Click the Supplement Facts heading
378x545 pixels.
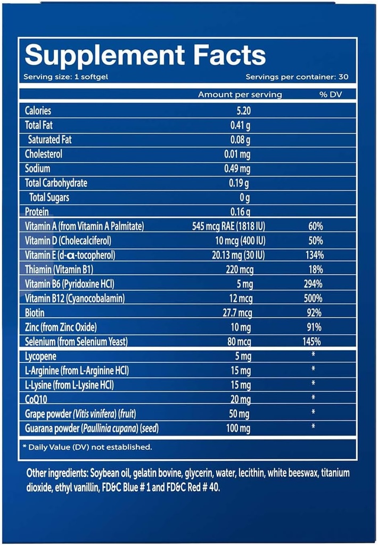(x=145, y=55)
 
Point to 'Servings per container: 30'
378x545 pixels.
(x=297, y=77)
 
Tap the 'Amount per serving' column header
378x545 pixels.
(x=240, y=95)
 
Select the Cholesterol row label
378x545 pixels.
(x=44, y=154)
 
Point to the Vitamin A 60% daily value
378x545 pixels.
(x=315, y=226)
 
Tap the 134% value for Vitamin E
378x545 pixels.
(x=315, y=255)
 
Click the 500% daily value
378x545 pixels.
(x=315, y=298)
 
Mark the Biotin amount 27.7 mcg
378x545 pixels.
(x=237, y=312)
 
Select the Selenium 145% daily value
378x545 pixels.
(x=315, y=341)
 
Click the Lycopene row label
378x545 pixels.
(x=41, y=356)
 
